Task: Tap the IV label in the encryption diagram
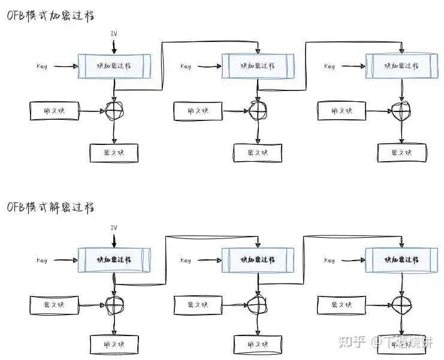click(x=114, y=33)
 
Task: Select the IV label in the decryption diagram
click(x=114, y=228)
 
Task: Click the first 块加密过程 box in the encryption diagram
click(x=114, y=66)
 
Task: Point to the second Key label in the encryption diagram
click(x=186, y=66)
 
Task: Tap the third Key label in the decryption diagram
click(x=330, y=261)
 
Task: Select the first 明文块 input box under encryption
click(x=54, y=111)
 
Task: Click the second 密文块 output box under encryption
click(x=258, y=153)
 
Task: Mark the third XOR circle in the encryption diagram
click(x=401, y=111)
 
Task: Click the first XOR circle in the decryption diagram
click(x=114, y=304)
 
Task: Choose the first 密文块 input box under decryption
click(x=54, y=305)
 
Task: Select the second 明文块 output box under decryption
click(x=258, y=346)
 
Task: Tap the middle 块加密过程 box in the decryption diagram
click(x=258, y=260)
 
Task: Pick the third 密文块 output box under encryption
click(x=401, y=153)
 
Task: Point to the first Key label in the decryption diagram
click(x=42, y=261)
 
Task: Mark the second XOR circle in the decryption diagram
click(x=258, y=304)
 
